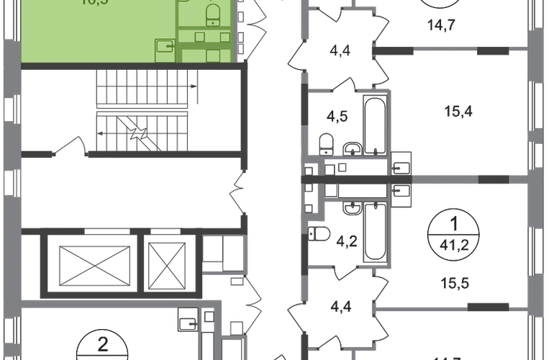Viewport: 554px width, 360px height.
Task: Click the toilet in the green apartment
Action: click(x=214, y=12)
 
